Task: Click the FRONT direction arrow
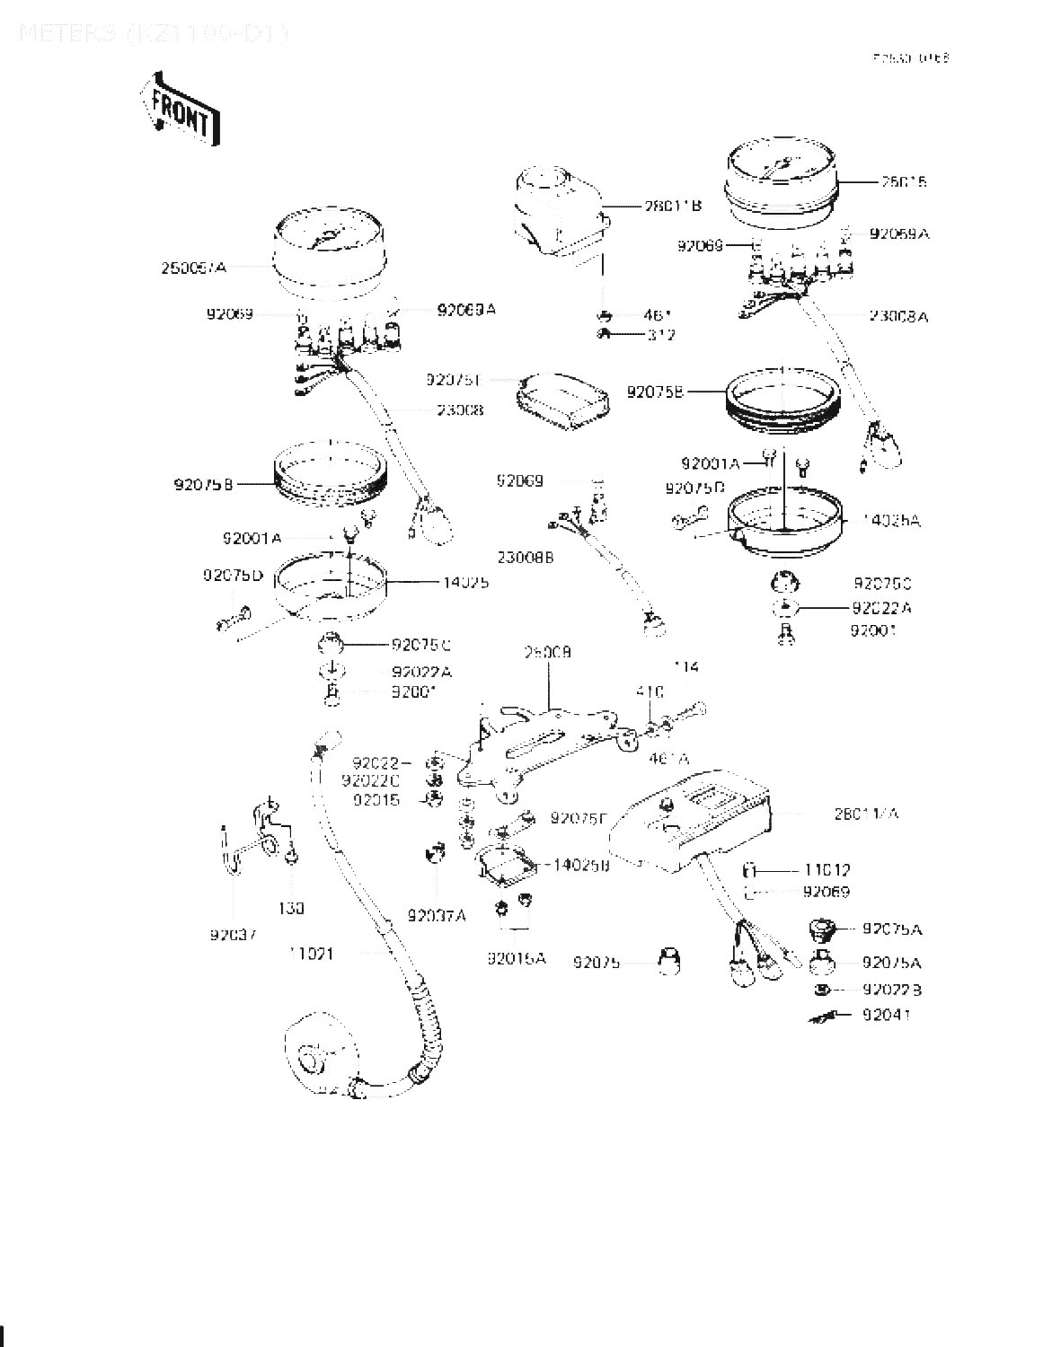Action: click(x=180, y=108)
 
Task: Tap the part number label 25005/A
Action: click(x=194, y=267)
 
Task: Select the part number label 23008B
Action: click(x=526, y=557)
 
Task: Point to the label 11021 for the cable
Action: click(x=311, y=954)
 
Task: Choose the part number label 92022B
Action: click(x=891, y=990)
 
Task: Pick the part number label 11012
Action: click(x=827, y=870)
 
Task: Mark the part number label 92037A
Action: click(x=437, y=915)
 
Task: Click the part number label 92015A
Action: click(x=516, y=958)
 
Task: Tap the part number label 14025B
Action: click(x=581, y=865)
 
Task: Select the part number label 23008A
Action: click(x=897, y=316)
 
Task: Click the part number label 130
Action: click(x=291, y=908)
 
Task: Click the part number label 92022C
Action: click(x=376, y=780)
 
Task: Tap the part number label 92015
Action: click(x=376, y=799)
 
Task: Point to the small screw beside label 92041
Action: click(x=825, y=1016)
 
